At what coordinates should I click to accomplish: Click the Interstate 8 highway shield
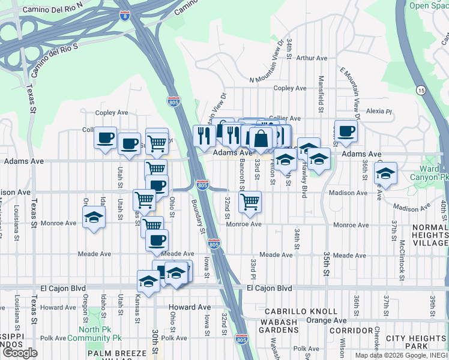124,16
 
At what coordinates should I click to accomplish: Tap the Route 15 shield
421,90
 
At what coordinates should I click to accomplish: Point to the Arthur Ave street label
312,58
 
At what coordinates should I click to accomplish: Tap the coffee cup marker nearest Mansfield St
346,131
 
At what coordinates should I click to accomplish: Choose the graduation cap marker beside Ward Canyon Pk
386,174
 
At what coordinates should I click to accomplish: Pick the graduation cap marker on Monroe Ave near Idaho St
94,218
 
